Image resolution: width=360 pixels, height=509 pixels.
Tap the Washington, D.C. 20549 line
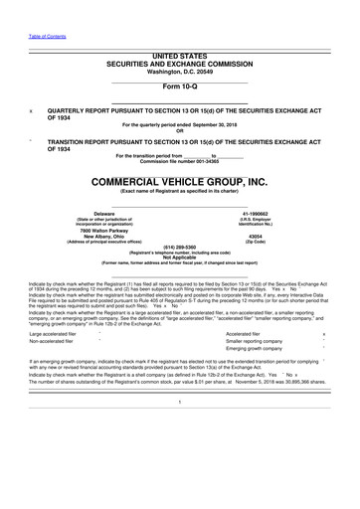(x=180, y=68)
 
